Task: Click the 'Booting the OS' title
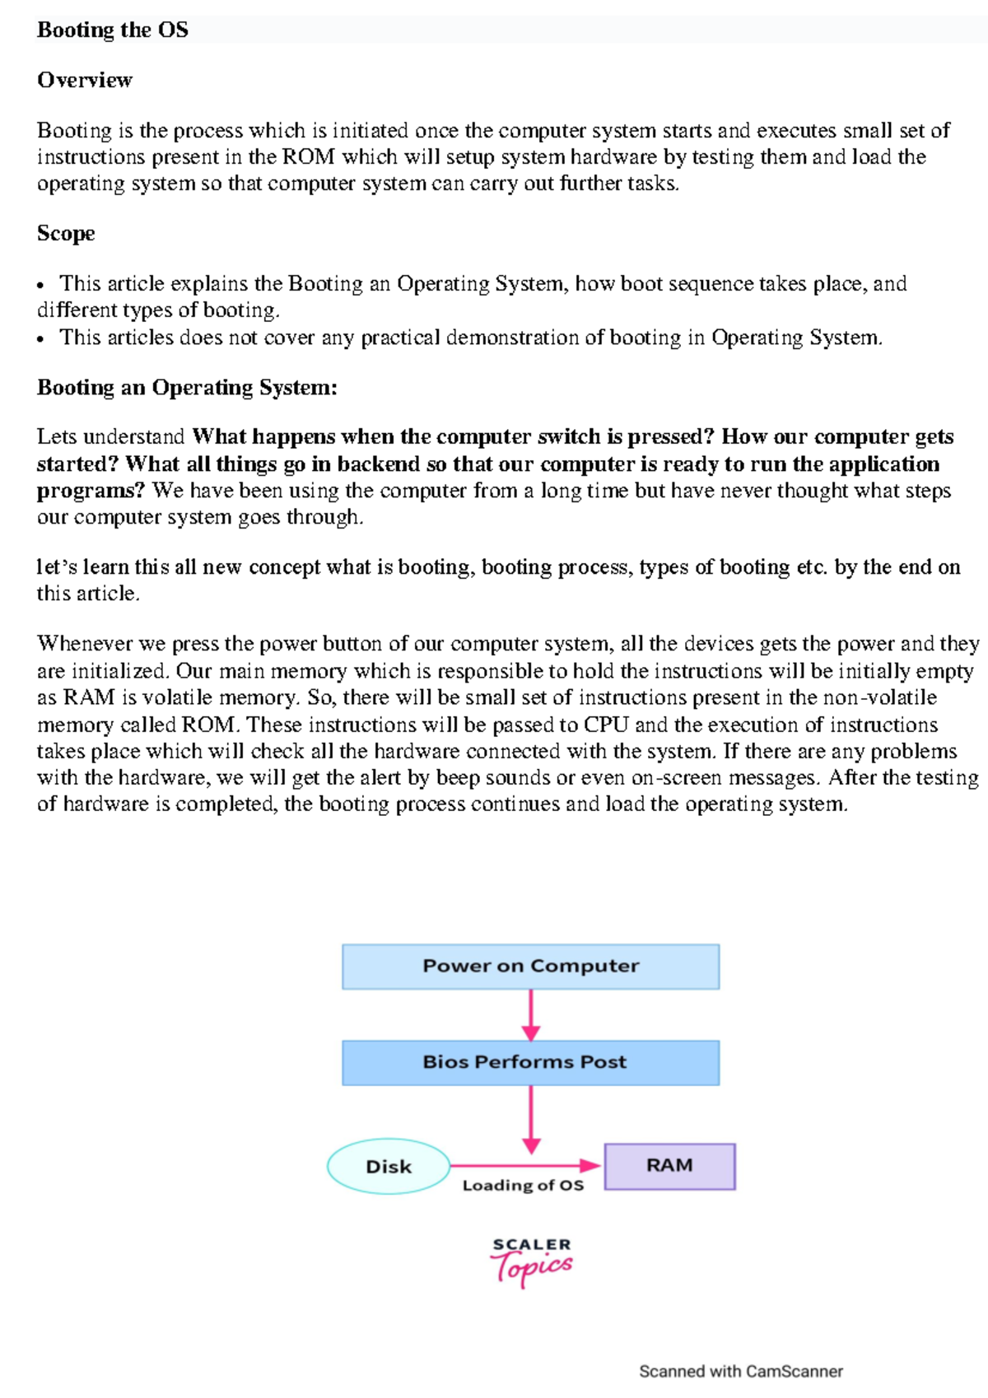coord(113,30)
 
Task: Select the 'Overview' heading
coord(85,81)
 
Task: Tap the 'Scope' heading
coord(66,234)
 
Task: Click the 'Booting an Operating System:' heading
coord(187,388)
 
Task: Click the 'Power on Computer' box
coord(530,967)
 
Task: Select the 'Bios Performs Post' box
coord(530,1063)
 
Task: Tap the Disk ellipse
coord(389,1167)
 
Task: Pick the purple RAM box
coord(669,1166)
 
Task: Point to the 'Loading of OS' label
coord(523,1186)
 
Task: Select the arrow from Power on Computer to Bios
coord(531,1015)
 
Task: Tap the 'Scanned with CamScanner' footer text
coord(740,1371)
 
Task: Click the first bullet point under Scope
coord(40,286)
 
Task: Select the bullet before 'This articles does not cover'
coord(40,338)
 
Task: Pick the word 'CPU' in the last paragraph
coord(606,725)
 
